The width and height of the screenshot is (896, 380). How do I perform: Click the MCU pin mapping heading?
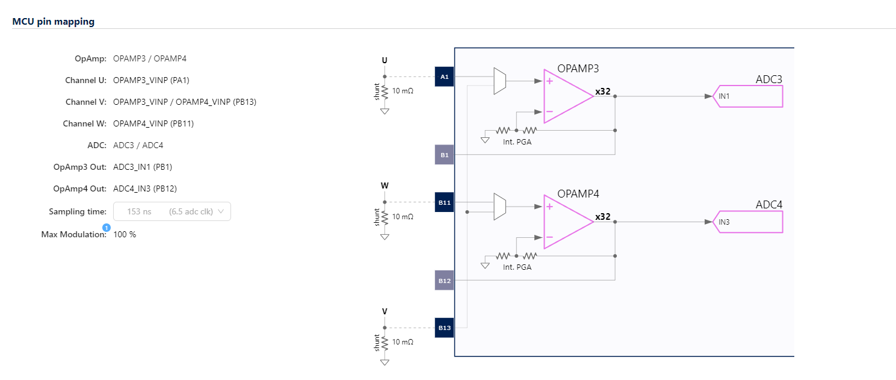pyautogui.click(x=53, y=22)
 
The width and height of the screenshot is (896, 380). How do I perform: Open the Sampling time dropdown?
pyautogui.click(x=171, y=211)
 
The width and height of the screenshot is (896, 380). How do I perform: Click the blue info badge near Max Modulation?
pyautogui.click(x=107, y=228)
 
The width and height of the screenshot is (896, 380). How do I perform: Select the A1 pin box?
pyautogui.click(x=444, y=77)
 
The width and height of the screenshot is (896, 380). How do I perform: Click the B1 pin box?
pyautogui.click(x=444, y=155)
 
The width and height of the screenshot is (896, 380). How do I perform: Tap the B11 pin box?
pyautogui.click(x=444, y=202)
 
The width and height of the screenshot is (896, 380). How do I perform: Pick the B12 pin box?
pyautogui.click(x=444, y=281)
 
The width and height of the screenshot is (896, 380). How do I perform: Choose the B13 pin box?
pyautogui.click(x=444, y=328)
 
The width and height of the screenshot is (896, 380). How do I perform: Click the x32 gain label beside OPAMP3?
pyautogui.click(x=603, y=92)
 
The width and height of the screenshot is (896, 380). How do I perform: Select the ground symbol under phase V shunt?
pyautogui.click(x=385, y=362)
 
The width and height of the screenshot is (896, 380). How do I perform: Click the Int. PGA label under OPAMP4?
pyautogui.click(x=517, y=267)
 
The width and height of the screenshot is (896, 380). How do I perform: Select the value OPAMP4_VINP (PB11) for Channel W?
pyautogui.click(x=153, y=123)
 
